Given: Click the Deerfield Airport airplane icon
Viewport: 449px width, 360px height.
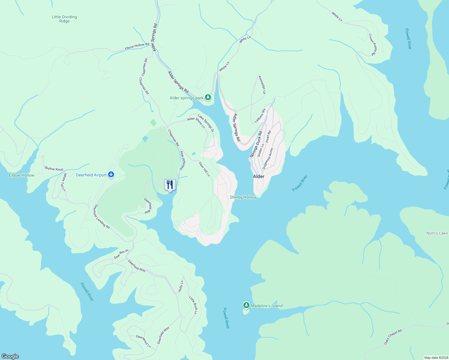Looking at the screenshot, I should point(111,175).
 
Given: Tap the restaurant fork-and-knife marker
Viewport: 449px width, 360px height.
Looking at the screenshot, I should point(170,184).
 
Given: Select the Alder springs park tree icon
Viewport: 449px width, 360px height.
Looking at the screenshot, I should point(208,97).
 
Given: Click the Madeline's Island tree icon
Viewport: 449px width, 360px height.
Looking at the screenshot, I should point(246,305).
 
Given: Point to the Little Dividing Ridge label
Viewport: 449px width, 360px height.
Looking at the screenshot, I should point(64,19).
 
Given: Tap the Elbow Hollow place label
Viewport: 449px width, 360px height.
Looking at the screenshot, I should point(22,175).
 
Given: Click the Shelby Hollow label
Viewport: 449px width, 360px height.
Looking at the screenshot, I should point(243,197).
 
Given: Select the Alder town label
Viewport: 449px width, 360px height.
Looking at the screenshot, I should point(259,176).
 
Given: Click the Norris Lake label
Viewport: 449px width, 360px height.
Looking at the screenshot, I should point(437,233).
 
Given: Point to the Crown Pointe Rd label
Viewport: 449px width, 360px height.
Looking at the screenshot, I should point(372,44).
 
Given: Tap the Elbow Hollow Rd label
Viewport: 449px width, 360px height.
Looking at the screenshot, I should point(137,46).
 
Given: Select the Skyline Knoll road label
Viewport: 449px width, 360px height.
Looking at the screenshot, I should point(54,169).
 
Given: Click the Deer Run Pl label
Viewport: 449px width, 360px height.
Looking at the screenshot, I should point(121,254).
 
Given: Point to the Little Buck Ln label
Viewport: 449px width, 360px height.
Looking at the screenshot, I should point(193,305).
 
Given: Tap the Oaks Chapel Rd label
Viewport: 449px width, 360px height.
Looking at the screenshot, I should point(393,337).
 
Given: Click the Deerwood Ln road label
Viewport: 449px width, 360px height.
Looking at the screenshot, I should point(143,341).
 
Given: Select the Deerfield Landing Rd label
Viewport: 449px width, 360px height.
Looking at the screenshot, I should point(102,217).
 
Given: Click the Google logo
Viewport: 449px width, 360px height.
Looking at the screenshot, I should point(10,356).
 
